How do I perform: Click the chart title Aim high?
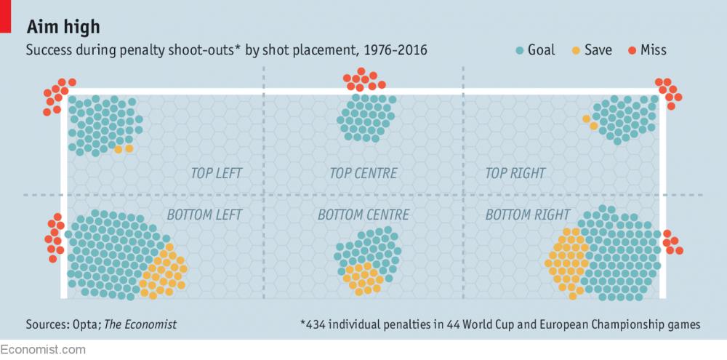point(63,27)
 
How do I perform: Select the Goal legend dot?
point(520,50)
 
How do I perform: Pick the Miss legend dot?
point(632,50)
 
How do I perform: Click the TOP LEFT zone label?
point(216,174)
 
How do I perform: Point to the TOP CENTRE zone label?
point(363,174)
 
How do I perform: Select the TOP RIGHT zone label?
point(515,174)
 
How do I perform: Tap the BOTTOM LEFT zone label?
point(204,215)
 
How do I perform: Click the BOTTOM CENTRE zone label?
point(363,215)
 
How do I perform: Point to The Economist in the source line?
point(140,324)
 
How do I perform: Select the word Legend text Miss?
point(654,50)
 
